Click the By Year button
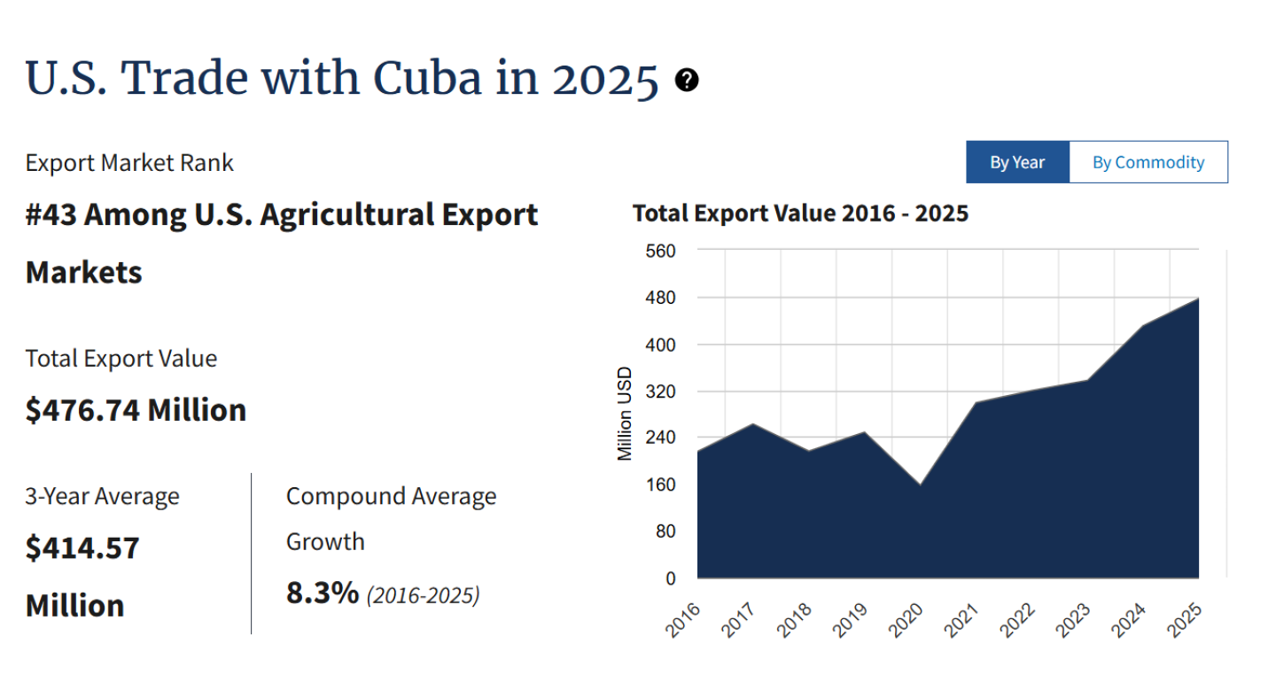[x=1017, y=162]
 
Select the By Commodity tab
[x=1148, y=162]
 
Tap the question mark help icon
[x=687, y=81]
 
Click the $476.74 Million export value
[x=136, y=410]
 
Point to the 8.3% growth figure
[x=322, y=593]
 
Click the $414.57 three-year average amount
[x=82, y=547]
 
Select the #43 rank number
[x=52, y=214]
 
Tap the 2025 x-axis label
[x=1186, y=620]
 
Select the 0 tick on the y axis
[x=670, y=578]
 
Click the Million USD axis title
[x=625, y=413]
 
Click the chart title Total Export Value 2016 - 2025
[x=800, y=213]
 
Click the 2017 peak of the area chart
[x=753, y=424]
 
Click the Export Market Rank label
[x=129, y=162]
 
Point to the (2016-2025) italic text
[x=423, y=594]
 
